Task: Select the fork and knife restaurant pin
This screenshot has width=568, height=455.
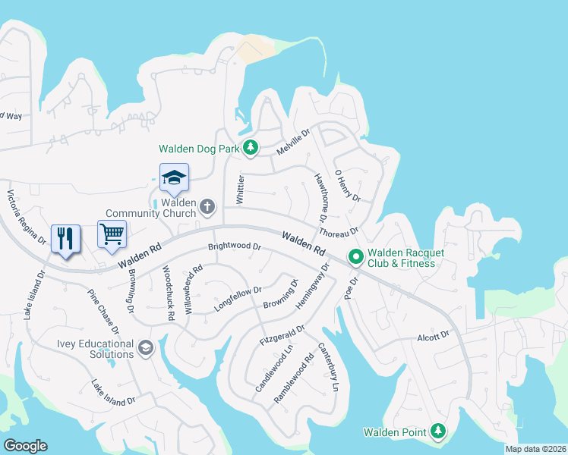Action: (65, 238)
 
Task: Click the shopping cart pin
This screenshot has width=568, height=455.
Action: (112, 234)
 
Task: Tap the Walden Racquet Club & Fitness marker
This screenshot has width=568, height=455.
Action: (355, 258)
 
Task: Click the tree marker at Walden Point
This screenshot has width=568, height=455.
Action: (437, 431)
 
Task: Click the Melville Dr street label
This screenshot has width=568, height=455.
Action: (294, 142)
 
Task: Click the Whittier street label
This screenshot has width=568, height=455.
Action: (240, 188)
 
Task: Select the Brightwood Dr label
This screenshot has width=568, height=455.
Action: (235, 247)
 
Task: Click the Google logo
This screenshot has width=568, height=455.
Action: (25, 446)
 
